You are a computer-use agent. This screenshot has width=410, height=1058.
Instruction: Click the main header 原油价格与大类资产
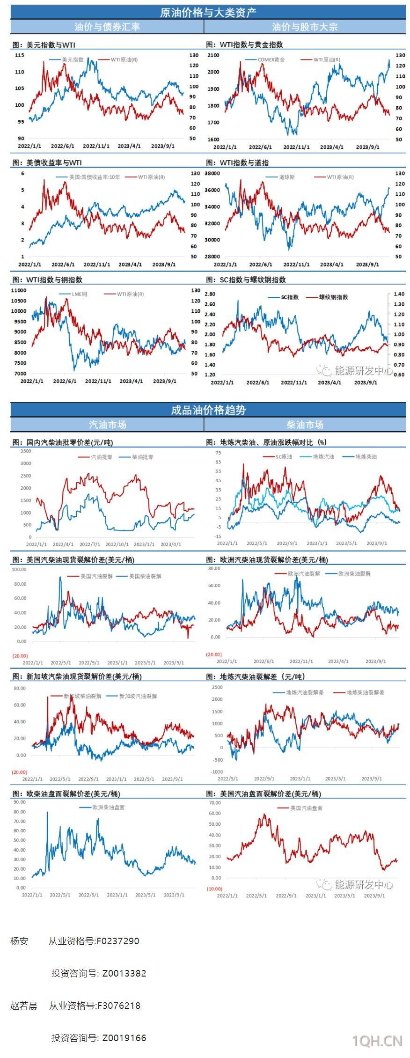208,13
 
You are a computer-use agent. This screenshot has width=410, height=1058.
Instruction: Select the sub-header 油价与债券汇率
107,27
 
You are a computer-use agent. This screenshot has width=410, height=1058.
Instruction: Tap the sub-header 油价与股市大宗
305,27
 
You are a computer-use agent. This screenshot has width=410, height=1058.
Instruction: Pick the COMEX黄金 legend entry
271,60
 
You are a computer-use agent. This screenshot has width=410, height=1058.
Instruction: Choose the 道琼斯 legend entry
287,177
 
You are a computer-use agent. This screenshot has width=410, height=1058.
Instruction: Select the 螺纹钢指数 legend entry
333,297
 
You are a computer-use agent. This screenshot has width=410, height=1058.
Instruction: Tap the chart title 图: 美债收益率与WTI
47,162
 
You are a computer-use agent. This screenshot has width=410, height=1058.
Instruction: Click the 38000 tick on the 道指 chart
212,173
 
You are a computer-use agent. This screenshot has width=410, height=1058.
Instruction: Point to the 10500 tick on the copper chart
19,301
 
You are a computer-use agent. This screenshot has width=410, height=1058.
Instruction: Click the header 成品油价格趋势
208,410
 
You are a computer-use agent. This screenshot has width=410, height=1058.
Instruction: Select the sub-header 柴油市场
305,425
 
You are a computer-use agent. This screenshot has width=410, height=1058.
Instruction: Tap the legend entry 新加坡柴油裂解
82,696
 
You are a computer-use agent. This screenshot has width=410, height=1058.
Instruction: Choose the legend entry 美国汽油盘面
306,808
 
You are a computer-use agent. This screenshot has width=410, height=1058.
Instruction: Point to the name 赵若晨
24,1005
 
